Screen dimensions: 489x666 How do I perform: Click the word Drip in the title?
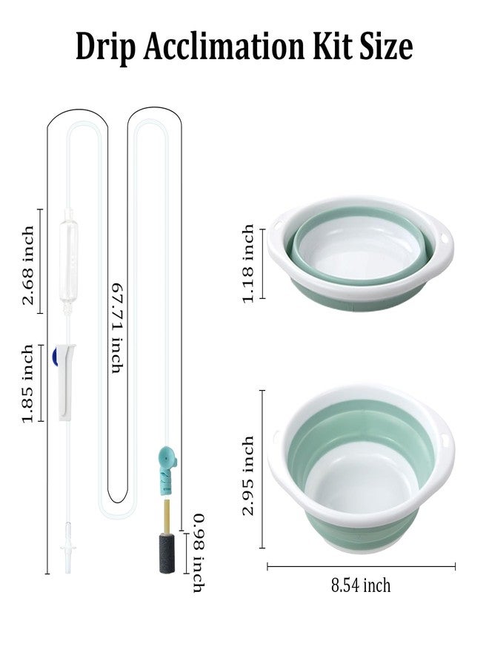coord(104,47)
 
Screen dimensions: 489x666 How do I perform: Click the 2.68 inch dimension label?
coord(28,265)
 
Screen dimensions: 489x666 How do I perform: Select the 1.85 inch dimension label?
coord(28,383)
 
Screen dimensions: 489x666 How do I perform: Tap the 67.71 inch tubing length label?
coord(116,328)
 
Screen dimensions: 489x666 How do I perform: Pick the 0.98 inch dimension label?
coord(199,553)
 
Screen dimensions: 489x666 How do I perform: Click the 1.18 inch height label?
coord(248,263)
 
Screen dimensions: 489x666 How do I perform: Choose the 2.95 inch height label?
coord(248,475)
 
